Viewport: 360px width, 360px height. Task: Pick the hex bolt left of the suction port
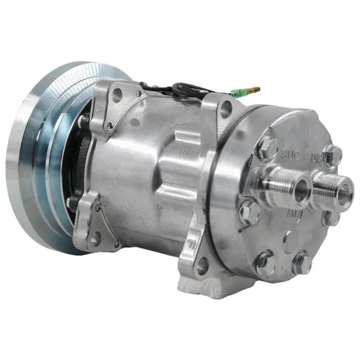[x=249, y=211]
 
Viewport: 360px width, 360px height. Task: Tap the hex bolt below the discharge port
[x=331, y=216]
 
